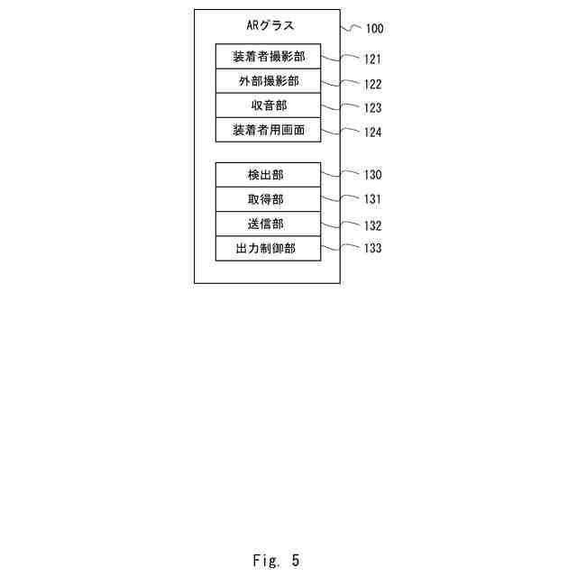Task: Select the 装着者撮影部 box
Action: [268, 56]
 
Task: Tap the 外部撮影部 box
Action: [268, 81]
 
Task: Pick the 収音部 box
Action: [268, 105]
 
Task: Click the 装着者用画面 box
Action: [268, 130]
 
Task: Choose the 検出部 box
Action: [268, 174]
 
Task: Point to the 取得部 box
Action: [268, 199]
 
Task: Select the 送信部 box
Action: [268, 224]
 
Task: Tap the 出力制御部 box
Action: [268, 248]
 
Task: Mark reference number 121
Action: [372, 60]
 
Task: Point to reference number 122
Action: [372, 85]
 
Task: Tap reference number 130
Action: [372, 176]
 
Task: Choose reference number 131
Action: [372, 200]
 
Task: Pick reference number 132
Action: [372, 225]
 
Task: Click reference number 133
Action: [372, 250]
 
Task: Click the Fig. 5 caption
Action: [276, 561]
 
